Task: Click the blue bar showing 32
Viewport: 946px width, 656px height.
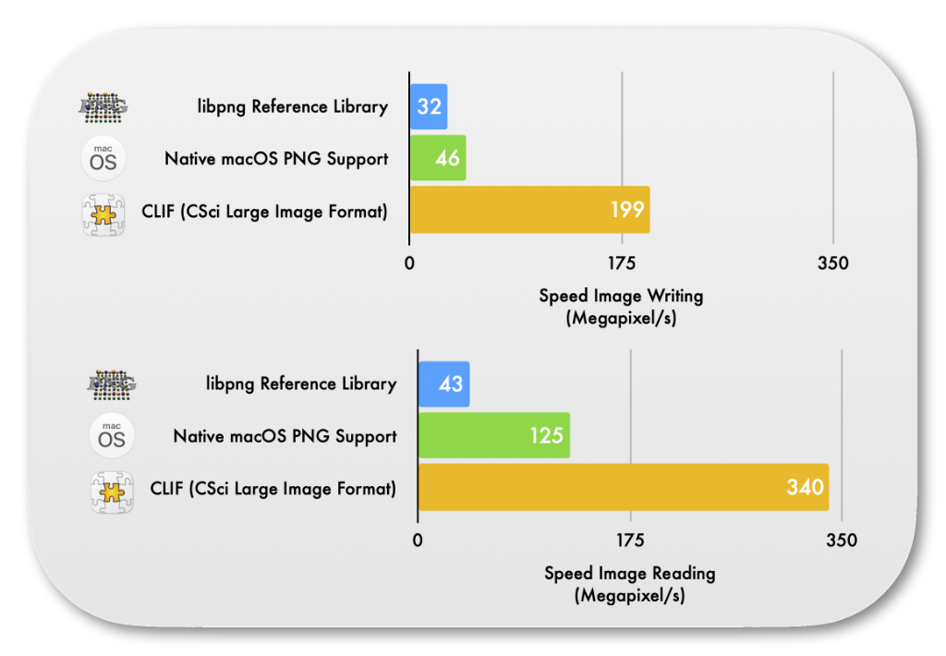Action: [x=429, y=107]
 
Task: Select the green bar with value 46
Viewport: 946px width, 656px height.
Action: [x=438, y=157]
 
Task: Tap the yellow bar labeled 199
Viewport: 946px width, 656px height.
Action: [x=529, y=210]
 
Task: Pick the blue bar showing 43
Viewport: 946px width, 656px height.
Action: [x=444, y=383]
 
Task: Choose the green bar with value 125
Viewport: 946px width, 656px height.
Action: [x=494, y=435]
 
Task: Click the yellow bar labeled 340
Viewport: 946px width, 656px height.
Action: [x=624, y=487]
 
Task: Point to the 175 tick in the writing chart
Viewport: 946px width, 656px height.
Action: [x=622, y=263]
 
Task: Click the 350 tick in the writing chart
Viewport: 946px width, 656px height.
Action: [x=833, y=263]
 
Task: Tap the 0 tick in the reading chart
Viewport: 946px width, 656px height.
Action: [x=418, y=541]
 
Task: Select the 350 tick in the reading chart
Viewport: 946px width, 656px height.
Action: [x=842, y=541]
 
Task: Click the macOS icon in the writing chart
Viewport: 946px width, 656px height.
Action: [x=103, y=159]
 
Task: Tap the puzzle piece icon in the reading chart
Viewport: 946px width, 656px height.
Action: [x=112, y=492]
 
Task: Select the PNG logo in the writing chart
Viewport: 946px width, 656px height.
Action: [x=103, y=107]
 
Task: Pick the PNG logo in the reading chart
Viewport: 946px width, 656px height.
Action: [x=112, y=384]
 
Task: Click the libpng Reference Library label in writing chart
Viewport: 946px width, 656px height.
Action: [x=293, y=107]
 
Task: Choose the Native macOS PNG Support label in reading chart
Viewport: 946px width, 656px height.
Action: [x=285, y=436]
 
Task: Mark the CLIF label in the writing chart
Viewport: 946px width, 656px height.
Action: [x=264, y=212]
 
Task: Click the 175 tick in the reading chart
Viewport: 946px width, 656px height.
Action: [x=630, y=541]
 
